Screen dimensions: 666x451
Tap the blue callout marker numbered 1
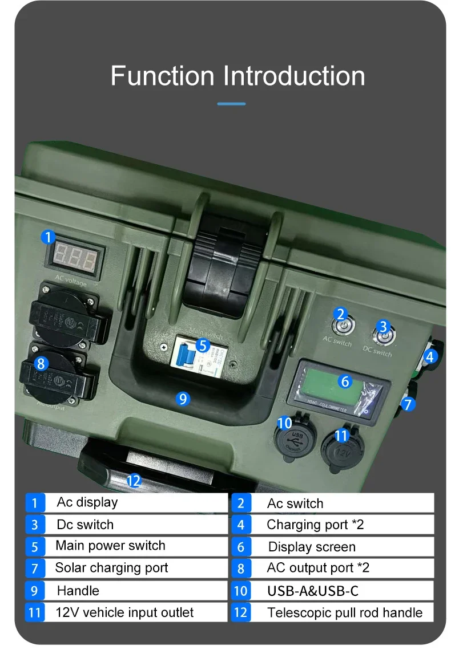tap(49, 237)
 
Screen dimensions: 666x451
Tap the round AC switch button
tap(340, 326)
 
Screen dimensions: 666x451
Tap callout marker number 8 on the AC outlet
tap(41, 363)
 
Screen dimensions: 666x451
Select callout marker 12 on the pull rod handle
tap(133, 481)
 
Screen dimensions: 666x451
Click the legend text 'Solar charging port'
tap(111, 568)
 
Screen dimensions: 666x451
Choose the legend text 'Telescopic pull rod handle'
tap(344, 613)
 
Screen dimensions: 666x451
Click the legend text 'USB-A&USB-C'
tap(312, 591)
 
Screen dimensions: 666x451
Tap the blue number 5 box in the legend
tap(35, 547)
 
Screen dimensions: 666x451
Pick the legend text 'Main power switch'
tap(110, 546)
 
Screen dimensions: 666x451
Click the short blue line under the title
tap(231, 104)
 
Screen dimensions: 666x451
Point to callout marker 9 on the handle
tap(182, 399)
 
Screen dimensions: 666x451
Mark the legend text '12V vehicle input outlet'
tap(124, 613)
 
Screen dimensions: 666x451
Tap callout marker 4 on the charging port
tap(431, 357)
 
